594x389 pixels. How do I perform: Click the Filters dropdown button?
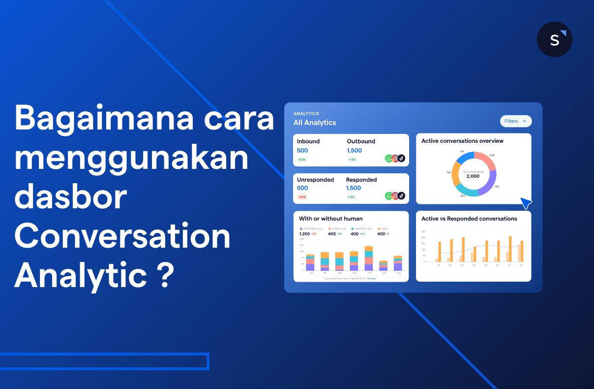coord(515,121)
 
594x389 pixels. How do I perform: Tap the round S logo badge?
coord(554,39)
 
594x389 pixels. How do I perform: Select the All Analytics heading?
coord(315,123)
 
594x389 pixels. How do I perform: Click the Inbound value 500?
coord(302,151)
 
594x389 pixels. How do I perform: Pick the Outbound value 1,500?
coord(354,151)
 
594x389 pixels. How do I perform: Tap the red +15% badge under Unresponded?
coord(301,197)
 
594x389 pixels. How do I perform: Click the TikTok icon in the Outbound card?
coord(401,159)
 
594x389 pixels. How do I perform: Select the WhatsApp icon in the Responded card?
coord(388,196)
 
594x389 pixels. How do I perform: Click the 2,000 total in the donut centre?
coord(473,176)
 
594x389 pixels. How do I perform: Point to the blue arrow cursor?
coord(526,203)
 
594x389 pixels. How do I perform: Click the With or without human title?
coord(331,219)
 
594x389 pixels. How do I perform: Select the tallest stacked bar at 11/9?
coord(368,259)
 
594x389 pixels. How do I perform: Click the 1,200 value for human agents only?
coord(304,234)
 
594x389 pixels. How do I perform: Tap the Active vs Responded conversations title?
coord(469,219)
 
